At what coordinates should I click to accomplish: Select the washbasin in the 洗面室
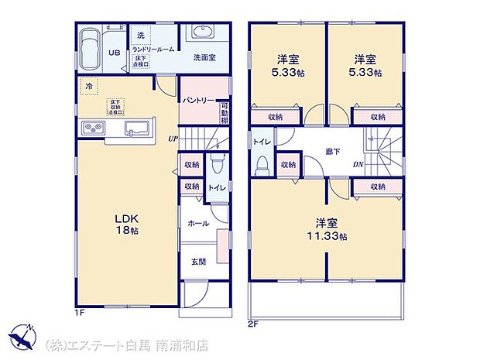coord(205,36)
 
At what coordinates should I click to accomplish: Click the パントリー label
coord(199,101)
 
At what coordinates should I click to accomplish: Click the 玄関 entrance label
coord(199,261)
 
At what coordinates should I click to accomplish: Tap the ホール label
coord(198,222)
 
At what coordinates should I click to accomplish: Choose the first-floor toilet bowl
coord(218,166)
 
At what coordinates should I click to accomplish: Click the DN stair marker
coord(358,164)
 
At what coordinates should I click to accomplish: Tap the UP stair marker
coord(173,139)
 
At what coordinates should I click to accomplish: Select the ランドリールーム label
coord(151,48)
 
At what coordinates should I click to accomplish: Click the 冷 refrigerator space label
coord(90,86)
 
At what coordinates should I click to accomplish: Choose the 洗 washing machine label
coord(140,36)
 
